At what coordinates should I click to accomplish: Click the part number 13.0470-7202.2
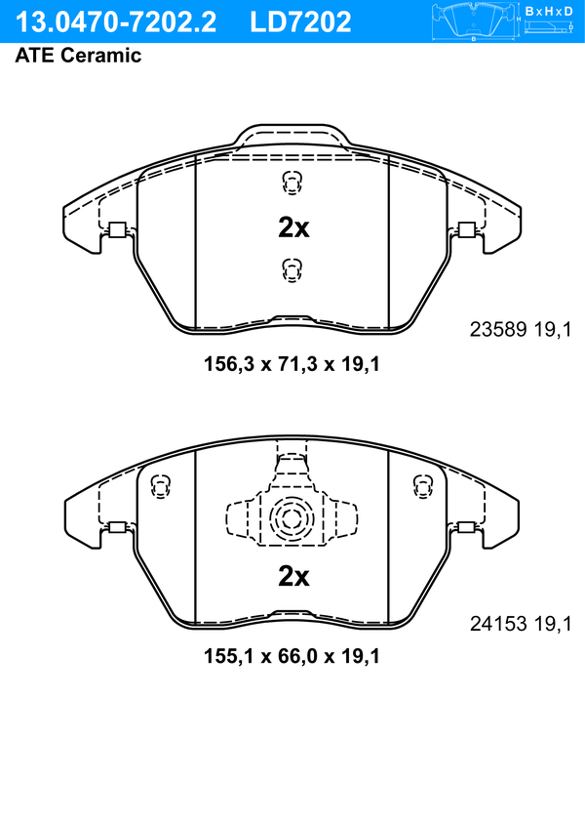115,22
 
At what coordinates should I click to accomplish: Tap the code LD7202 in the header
300,22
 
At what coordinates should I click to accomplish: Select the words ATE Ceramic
78,56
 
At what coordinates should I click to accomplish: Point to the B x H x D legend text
549,11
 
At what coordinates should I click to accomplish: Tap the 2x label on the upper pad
293,227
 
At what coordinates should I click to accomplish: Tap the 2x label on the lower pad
293,576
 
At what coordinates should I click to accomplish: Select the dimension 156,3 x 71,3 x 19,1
292,363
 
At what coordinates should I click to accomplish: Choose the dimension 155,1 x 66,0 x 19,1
292,656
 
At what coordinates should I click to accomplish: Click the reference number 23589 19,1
521,330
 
